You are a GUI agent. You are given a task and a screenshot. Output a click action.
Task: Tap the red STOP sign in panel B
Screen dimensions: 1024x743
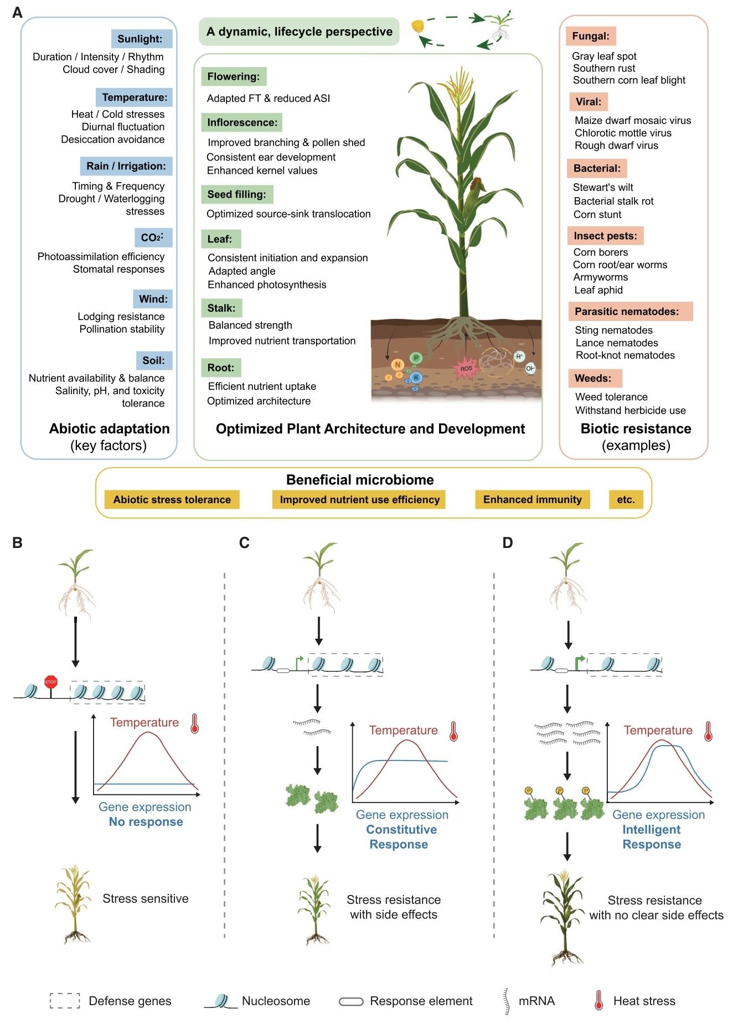click(x=50, y=682)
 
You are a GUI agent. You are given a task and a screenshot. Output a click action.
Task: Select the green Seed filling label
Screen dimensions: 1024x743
click(x=236, y=194)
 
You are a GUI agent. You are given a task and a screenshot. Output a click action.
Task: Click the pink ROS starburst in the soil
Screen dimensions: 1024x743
click(x=466, y=368)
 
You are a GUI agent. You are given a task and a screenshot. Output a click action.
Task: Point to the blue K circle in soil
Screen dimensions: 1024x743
click(x=416, y=377)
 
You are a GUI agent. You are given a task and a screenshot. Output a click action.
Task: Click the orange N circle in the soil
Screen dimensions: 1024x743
click(x=397, y=365)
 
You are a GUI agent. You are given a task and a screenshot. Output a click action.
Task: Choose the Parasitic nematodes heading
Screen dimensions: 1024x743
click(x=630, y=312)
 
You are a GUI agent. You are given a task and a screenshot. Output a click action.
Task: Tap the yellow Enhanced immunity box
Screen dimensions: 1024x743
click(x=532, y=500)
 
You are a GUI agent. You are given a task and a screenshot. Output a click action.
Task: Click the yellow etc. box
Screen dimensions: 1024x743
click(x=626, y=500)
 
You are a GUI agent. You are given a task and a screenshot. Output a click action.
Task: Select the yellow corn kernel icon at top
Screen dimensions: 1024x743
click(x=417, y=26)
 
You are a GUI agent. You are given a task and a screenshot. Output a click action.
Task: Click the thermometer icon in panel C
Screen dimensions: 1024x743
click(x=453, y=731)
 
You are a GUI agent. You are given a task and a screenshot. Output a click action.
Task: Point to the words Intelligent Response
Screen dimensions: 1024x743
click(x=652, y=837)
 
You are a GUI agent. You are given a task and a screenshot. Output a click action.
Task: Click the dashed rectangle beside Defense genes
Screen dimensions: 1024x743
click(x=65, y=1001)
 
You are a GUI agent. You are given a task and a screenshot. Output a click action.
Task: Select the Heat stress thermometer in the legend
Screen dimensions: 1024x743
click(x=598, y=1001)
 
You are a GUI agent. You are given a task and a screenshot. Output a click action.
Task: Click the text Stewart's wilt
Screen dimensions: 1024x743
click(x=602, y=187)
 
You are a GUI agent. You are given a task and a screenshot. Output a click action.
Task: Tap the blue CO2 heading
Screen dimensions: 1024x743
click(x=153, y=237)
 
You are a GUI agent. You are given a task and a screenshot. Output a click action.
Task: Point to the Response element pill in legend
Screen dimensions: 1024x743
click(x=351, y=1001)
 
